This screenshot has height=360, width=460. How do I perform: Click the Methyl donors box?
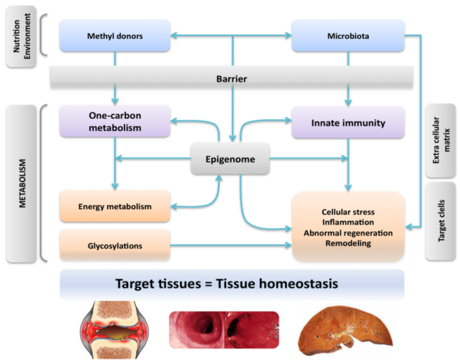pyautogui.click(x=115, y=35)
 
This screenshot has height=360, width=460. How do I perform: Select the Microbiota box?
pyautogui.click(x=348, y=35)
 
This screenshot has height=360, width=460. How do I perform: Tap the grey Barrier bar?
pyautogui.click(x=232, y=78)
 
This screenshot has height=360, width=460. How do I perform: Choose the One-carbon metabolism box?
pyautogui.click(x=115, y=122)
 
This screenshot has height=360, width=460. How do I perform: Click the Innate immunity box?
pyautogui.click(x=348, y=123)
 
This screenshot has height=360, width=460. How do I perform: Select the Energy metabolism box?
pyautogui.click(x=115, y=206)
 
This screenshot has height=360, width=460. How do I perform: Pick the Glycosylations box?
pyautogui.click(x=115, y=245)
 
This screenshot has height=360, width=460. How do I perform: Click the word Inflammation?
pyautogui.click(x=347, y=222)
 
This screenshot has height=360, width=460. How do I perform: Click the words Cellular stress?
pyautogui.click(x=347, y=211)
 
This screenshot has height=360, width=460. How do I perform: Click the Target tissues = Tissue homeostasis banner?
pyautogui.click(x=232, y=285)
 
